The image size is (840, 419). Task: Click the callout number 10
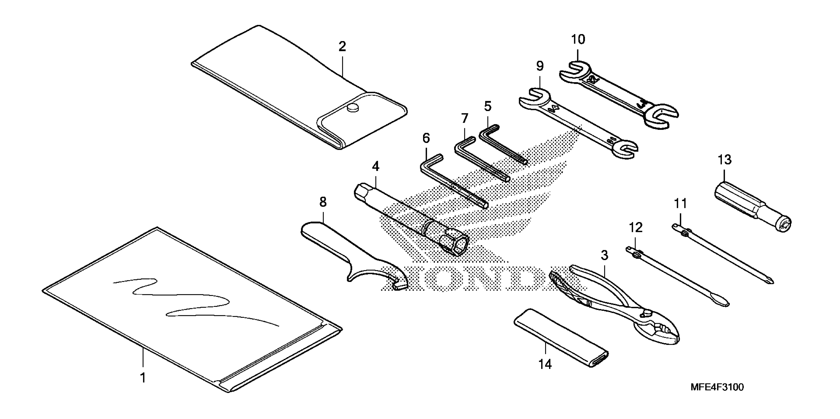(578, 39)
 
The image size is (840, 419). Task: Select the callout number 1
(143, 378)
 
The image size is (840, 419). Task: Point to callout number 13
(724, 160)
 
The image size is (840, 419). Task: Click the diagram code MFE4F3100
(717, 387)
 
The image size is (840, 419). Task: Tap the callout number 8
(323, 202)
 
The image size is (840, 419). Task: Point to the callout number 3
(604, 255)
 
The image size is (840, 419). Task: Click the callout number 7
(464, 118)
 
